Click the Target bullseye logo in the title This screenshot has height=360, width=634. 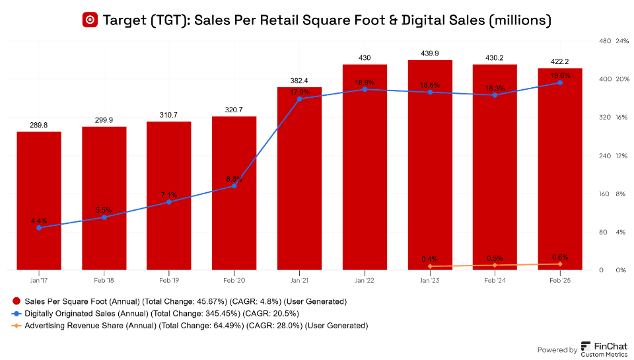90,20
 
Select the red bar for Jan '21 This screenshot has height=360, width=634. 299,178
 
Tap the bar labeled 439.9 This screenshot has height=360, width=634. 430,165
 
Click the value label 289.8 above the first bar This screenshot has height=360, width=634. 39,124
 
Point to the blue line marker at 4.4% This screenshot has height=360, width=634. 39,228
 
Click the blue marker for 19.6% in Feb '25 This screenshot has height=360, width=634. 560,83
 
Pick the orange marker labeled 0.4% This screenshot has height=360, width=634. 430,266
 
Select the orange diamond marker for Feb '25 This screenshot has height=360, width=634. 560,264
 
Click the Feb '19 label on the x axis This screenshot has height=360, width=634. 169,280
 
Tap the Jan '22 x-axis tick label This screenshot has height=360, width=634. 365,280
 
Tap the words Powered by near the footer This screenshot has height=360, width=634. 557,350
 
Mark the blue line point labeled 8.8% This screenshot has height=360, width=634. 234,186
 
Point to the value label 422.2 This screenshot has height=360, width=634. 560,61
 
